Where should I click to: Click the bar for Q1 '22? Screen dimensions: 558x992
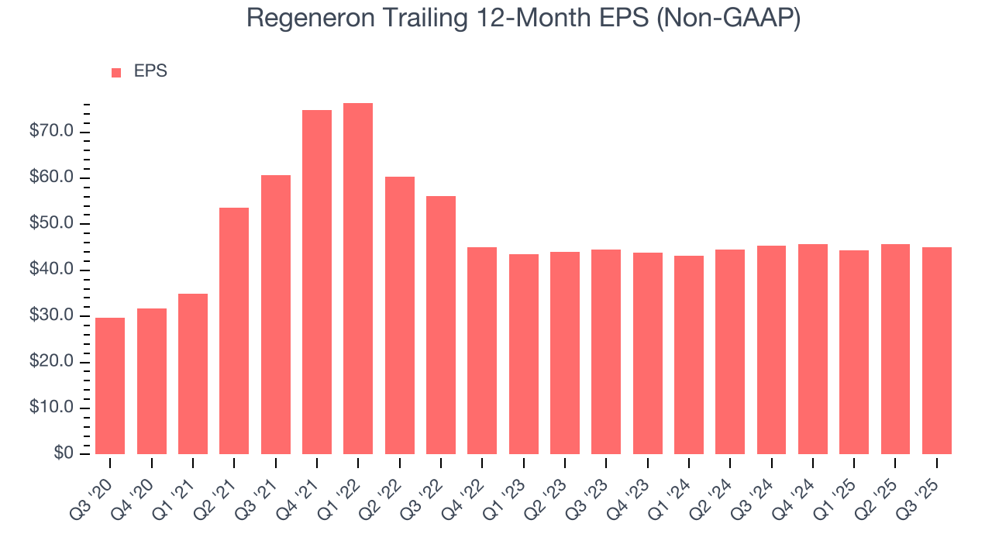coord(358,279)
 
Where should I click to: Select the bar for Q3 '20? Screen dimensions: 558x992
coord(110,386)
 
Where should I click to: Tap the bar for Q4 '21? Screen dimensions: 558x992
coord(317,282)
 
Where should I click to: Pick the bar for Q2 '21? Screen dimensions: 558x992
coord(234,331)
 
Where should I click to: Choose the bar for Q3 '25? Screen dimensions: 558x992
coord(936,350)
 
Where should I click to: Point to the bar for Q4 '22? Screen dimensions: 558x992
coord(482,350)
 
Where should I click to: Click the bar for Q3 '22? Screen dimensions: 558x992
coord(441,325)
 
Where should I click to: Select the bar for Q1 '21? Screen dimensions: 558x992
coord(193,374)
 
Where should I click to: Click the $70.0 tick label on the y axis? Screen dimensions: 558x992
coord(52,132)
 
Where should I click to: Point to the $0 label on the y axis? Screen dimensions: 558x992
coord(64,454)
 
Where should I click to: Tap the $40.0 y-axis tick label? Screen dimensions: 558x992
coord(52,270)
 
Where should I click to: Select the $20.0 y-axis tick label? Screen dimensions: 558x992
coord(52,362)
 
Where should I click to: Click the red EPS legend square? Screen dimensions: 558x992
coord(116,73)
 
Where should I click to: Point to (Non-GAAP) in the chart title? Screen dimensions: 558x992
coord(728,18)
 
